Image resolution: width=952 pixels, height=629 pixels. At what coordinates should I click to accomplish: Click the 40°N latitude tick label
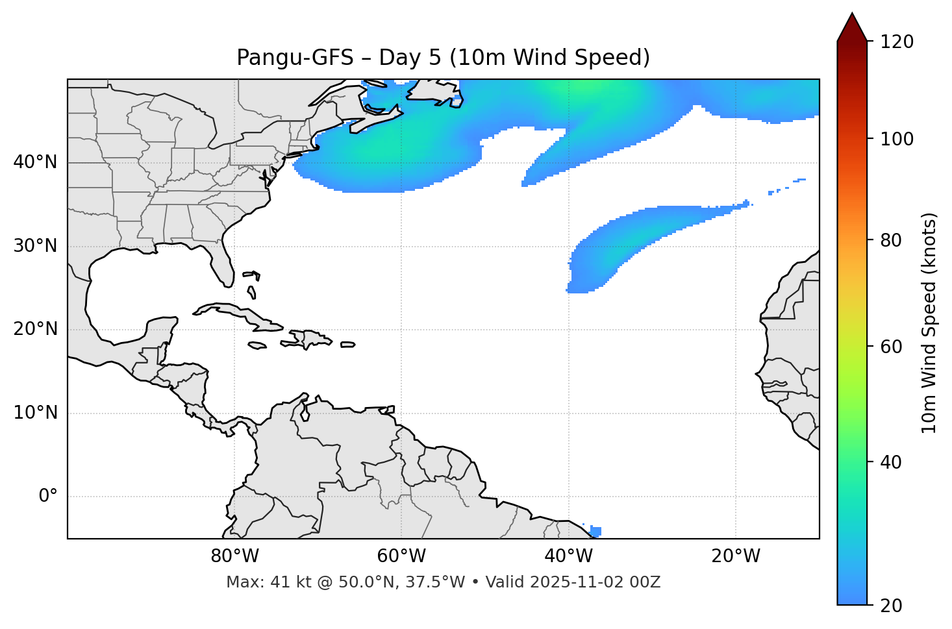35,162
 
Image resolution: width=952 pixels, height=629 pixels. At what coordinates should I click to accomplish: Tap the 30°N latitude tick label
35,246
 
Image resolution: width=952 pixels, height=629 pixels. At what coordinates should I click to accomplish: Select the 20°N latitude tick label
35,329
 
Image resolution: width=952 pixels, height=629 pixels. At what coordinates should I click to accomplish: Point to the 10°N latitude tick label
35,413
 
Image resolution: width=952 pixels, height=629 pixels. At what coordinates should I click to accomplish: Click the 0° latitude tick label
48,497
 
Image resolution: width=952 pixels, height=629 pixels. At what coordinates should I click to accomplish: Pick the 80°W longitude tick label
234,556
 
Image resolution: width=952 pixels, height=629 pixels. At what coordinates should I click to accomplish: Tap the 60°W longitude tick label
401,556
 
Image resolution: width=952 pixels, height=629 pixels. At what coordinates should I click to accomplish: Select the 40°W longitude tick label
568,556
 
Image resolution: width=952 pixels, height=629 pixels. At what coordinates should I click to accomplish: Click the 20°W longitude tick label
735,556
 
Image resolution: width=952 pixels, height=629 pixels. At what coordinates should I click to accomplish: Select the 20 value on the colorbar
892,606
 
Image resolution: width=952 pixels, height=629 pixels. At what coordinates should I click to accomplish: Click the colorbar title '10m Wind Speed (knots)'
929,323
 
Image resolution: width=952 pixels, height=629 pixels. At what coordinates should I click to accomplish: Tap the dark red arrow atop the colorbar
852,27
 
